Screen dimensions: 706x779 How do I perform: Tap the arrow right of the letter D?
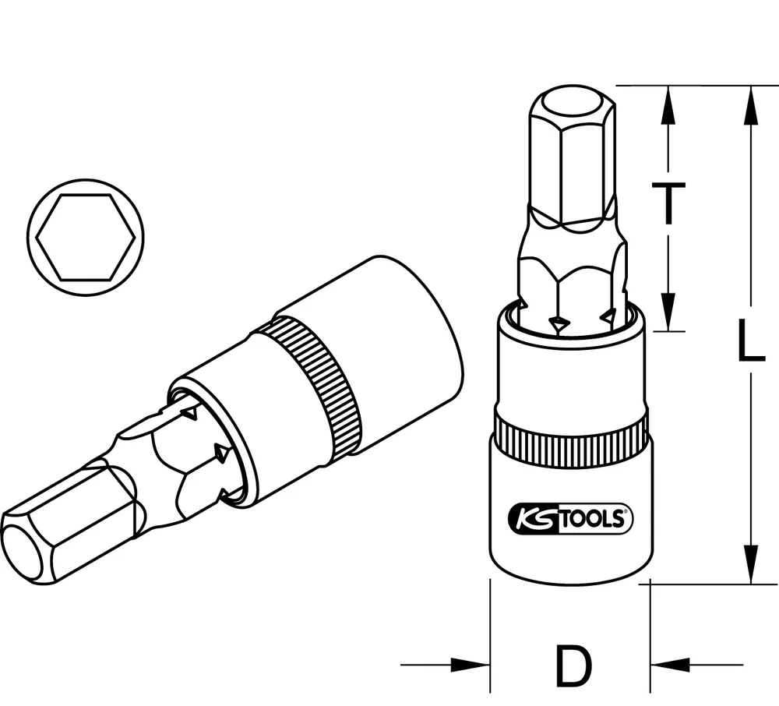pyautogui.click(x=670, y=665)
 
